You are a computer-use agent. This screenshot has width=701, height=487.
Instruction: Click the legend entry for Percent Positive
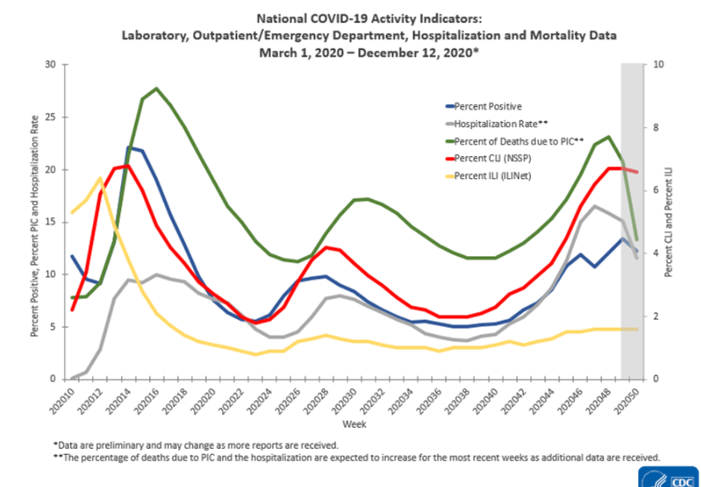[487, 106]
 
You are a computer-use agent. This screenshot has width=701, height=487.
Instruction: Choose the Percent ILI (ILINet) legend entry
[491, 176]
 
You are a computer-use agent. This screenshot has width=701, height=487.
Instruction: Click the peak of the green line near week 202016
[156, 88]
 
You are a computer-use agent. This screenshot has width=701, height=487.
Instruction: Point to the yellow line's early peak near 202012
[100, 178]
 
